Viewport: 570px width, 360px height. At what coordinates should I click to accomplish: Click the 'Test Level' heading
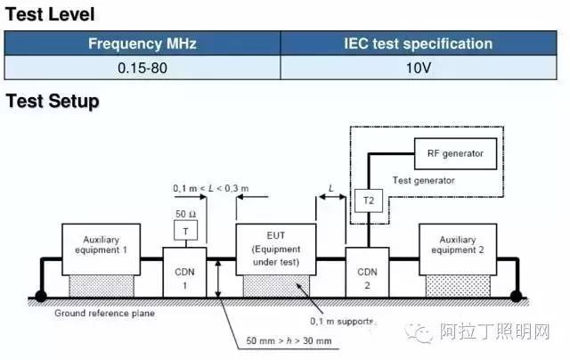tap(50, 14)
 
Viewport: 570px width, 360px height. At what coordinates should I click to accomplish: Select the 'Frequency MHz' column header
tap(142, 43)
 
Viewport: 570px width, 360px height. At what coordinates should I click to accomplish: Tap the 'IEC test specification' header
tap(418, 43)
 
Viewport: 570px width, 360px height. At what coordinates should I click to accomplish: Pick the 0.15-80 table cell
tap(142, 68)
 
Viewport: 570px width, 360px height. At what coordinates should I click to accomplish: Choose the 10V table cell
tap(418, 68)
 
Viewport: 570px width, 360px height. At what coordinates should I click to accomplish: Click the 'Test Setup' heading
tap(53, 102)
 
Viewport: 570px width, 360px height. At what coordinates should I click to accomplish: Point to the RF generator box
tap(450, 154)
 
